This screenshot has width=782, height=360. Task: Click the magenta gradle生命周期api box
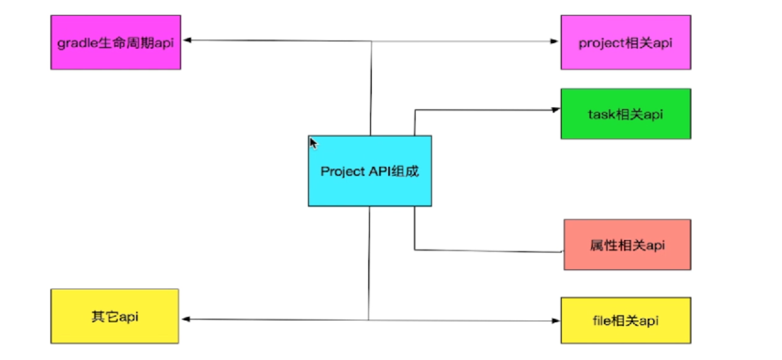116,42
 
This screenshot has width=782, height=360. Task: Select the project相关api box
625,42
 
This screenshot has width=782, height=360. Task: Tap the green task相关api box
625,114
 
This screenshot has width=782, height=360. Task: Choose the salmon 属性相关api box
627,244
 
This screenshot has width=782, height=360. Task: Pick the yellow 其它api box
114,316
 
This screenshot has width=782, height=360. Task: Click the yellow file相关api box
625,320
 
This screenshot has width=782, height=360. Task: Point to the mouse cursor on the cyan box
313,143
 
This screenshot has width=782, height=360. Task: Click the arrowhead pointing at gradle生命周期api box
187,40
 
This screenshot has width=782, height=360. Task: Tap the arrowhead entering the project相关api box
554,41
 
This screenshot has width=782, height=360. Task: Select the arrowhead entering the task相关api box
555,110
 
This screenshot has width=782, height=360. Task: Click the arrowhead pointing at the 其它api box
186,319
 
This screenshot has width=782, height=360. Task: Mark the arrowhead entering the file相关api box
555,321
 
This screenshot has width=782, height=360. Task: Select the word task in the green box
601,114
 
